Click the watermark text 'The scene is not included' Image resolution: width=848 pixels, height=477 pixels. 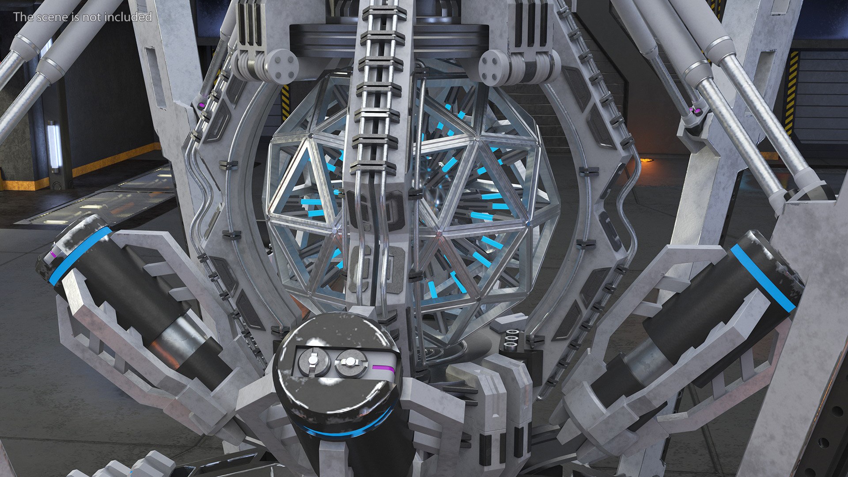click(x=83, y=17)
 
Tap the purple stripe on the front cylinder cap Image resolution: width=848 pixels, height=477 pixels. click(x=382, y=367)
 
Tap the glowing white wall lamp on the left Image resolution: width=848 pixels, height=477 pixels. click(x=54, y=146)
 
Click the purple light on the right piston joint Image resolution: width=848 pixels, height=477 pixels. click(x=697, y=110)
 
